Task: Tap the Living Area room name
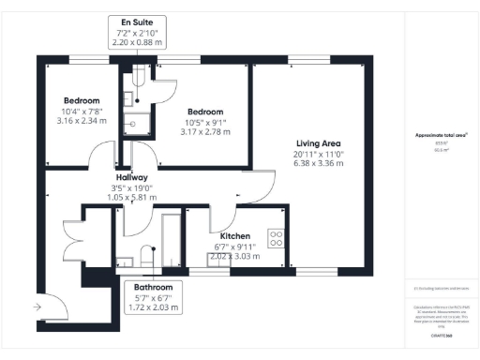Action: pos(313,142)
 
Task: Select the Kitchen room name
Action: pos(234,236)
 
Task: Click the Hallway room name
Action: pos(131,177)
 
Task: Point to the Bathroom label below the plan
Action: pos(152,287)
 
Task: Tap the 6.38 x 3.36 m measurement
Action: pos(313,163)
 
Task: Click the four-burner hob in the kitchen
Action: pos(277,238)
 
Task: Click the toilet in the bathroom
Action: pos(145,252)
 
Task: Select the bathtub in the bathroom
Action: pos(171,239)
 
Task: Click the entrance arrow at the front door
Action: pos(36,307)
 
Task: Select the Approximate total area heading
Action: pos(442,135)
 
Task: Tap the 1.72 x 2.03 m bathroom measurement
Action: pos(152,307)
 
